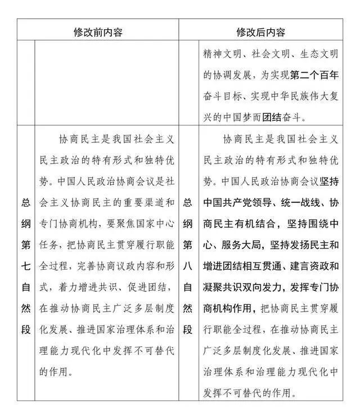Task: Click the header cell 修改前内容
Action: point(98,31)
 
